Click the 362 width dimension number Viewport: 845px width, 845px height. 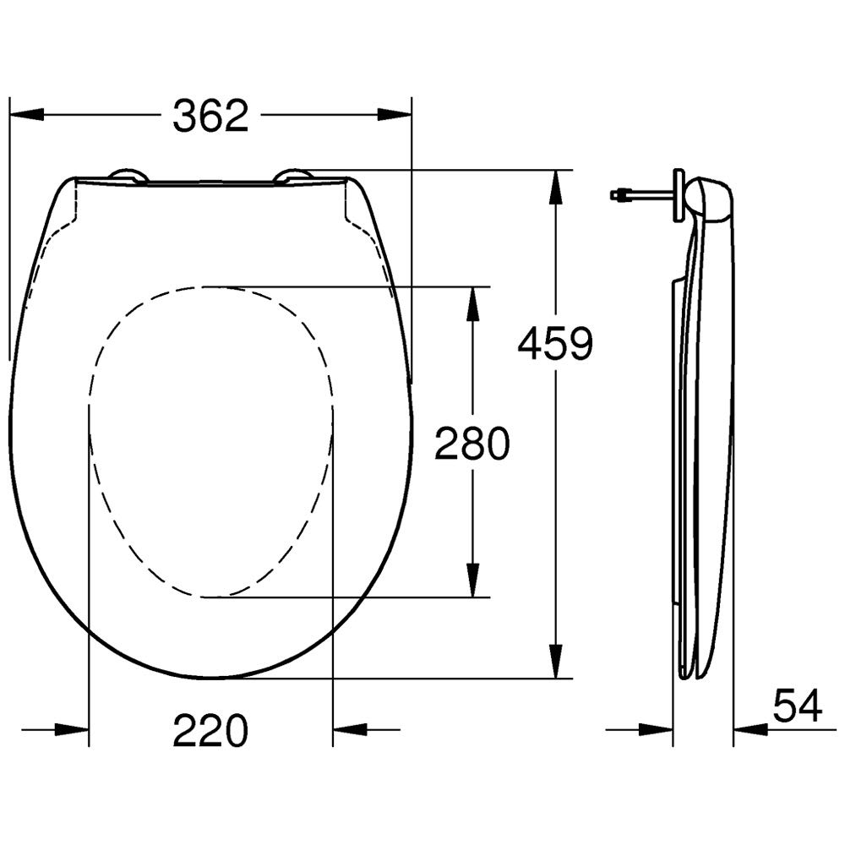[x=210, y=115]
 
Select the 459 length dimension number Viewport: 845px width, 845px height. [x=555, y=343]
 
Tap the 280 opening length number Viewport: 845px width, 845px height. [x=472, y=443]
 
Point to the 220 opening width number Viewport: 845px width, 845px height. [x=210, y=730]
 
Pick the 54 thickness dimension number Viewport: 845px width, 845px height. [x=798, y=705]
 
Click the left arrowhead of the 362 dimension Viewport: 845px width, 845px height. [x=27, y=115]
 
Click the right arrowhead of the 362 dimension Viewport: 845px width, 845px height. [x=394, y=115]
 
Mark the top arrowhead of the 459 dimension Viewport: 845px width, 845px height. [x=556, y=187]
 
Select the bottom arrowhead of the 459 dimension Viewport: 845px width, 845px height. [x=556, y=662]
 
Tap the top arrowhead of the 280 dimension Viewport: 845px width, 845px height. [x=472, y=304]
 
